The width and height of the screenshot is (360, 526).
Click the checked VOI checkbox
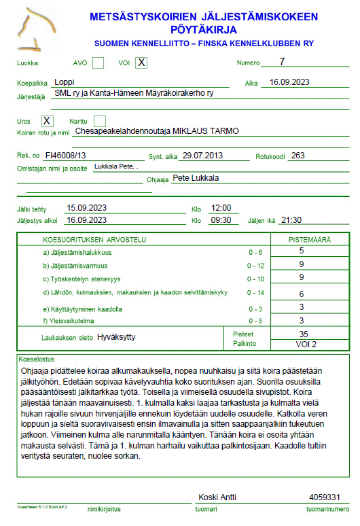pyautogui.click(x=141, y=63)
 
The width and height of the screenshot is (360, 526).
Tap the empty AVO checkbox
pyautogui.click(x=98, y=63)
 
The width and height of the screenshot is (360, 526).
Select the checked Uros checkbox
pyautogui.click(x=47, y=120)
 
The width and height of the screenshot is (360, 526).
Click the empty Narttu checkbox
pyautogui.click(x=99, y=120)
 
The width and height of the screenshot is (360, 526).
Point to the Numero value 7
pyautogui.click(x=282, y=62)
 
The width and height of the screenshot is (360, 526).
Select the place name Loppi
pyautogui.click(x=65, y=82)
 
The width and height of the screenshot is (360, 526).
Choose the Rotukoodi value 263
pyautogui.click(x=297, y=155)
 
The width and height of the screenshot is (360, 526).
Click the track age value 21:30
pyautogui.click(x=291, y=220)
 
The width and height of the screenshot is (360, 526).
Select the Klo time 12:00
pyautogui.click(x=221, y=207)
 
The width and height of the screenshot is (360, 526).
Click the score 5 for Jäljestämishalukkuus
pyautogui.click(x=301, y=251)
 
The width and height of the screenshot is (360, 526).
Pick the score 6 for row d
pyautogui.click(x=301, y=294)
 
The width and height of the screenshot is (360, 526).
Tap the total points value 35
pyautogui.click(x=304, y=334)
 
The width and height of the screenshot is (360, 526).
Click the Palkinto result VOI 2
pyautogui.click(x=305, y=344)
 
